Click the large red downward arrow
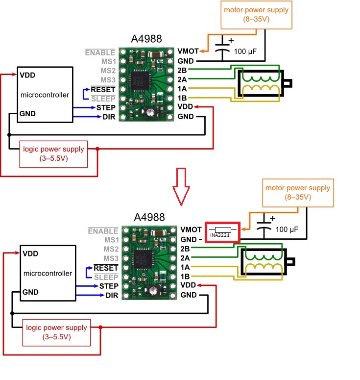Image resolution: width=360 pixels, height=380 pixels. tap(182, 186)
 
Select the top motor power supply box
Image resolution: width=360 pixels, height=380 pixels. tap(256, 14)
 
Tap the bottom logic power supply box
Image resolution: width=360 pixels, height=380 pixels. tap(56, 332)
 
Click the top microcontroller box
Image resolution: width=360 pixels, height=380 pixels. tap(44, 94)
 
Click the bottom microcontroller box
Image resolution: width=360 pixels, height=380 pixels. tap(47, 273)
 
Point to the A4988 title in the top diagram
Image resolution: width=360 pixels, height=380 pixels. tap(146, 39)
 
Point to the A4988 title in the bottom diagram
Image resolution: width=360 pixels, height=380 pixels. tap(149, 217)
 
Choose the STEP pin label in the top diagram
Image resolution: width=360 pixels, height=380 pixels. tap(106, 107)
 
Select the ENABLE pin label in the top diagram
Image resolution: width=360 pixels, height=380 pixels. tap(100, 52)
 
